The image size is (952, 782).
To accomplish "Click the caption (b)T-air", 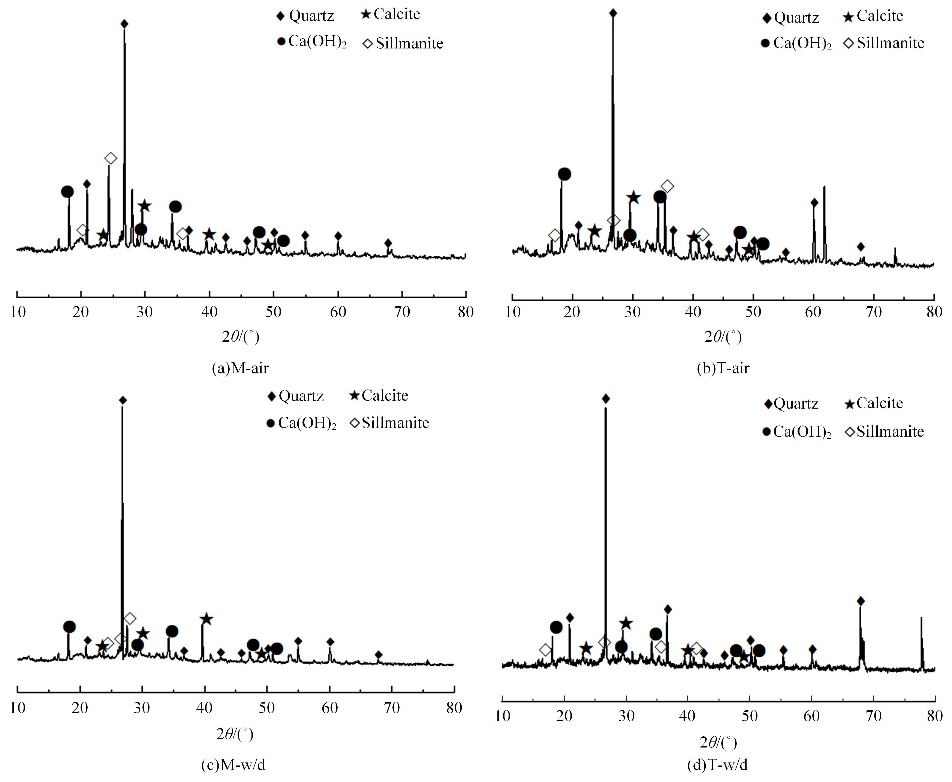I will [723, 368].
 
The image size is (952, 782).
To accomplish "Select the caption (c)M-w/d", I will [233, 764].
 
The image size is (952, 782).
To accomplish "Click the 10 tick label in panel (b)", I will [513, 312].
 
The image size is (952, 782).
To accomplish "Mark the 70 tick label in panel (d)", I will [874, 716].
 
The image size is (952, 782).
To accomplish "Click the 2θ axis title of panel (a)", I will [240, 337].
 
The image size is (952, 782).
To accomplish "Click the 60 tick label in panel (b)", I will [813, 312].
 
